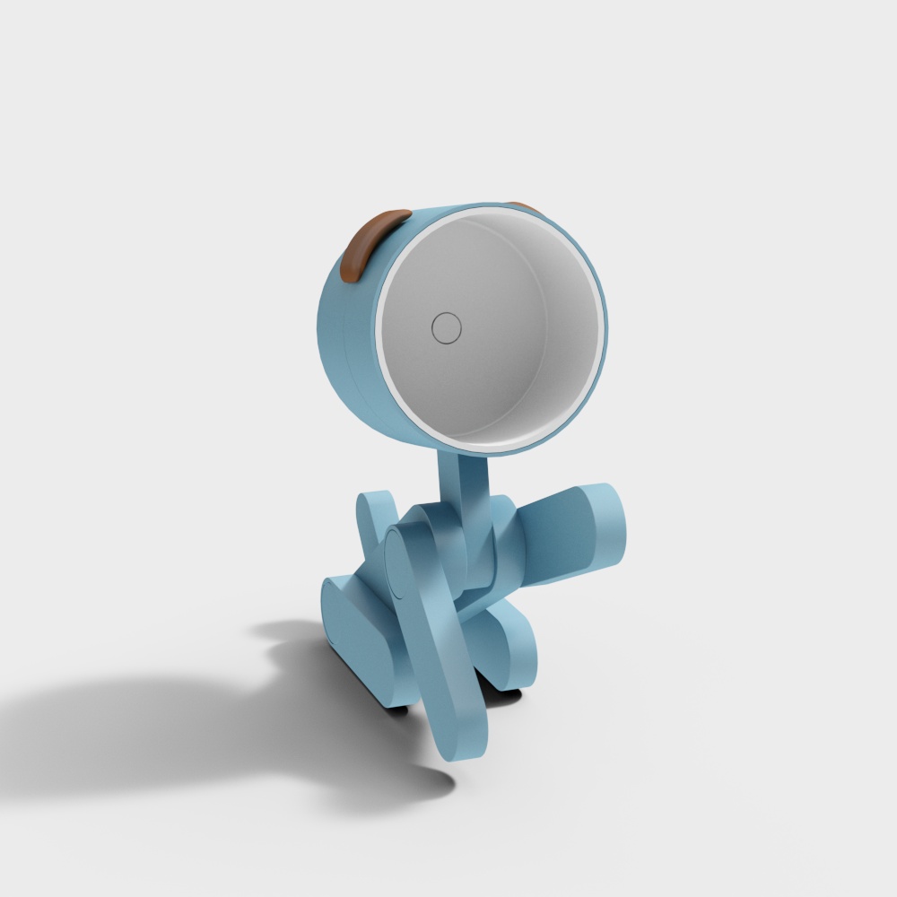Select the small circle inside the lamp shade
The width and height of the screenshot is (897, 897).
tap(446, 327)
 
